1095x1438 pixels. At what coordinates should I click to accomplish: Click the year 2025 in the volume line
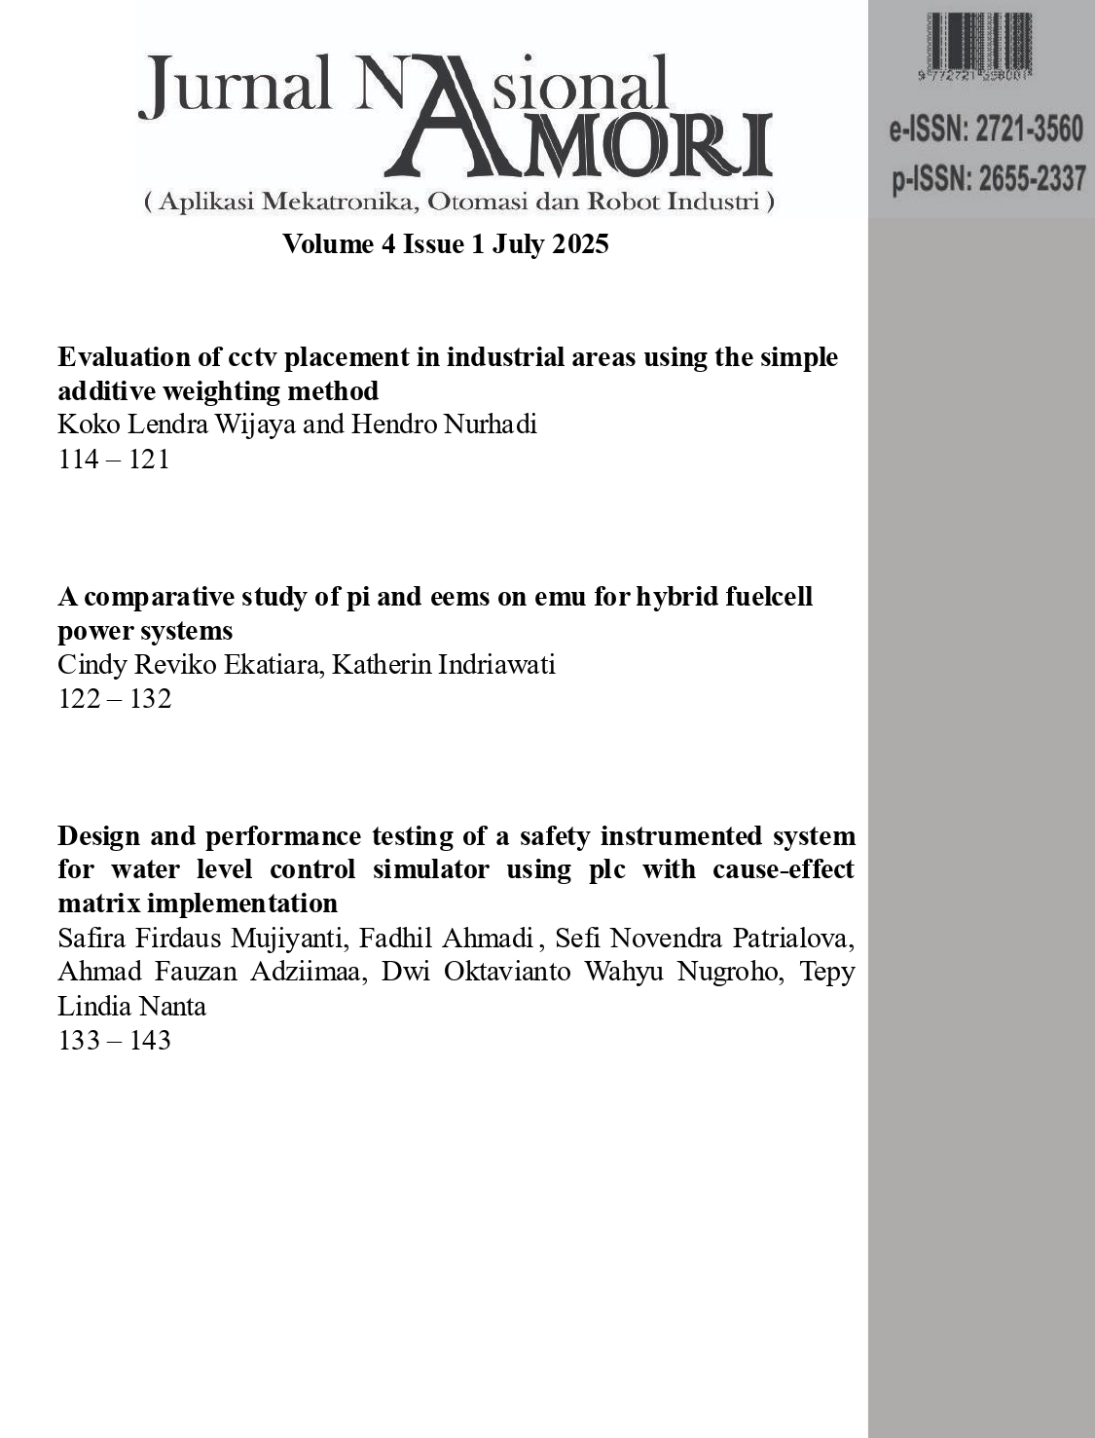click(580, 243)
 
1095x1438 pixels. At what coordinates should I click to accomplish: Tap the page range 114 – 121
click(114, 459)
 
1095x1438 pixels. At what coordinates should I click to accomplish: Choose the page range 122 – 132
click(115, 698)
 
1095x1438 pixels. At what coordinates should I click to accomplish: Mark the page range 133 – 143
click(115, 1040)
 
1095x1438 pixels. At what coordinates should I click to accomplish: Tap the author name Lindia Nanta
click(132, 1006)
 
